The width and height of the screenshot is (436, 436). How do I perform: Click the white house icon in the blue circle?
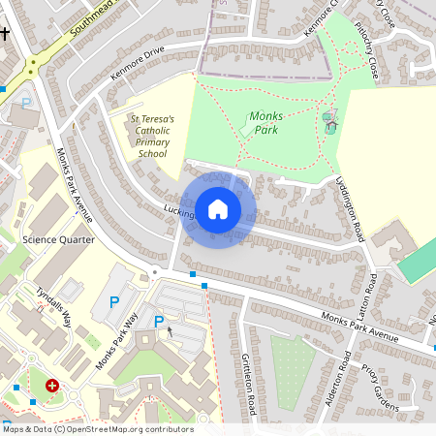tap(218, 208)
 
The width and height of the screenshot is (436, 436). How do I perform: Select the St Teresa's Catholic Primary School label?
tap(152, 136)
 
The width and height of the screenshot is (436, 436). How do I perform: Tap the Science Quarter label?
tap(58, 239)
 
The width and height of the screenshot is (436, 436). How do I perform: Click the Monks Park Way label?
tap(117, 341)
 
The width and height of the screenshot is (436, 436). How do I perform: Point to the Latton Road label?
tap(372, 296)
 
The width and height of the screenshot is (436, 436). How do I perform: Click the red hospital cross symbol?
tap(52, 386)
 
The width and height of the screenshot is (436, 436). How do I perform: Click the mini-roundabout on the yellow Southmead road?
tap(31, 66)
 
